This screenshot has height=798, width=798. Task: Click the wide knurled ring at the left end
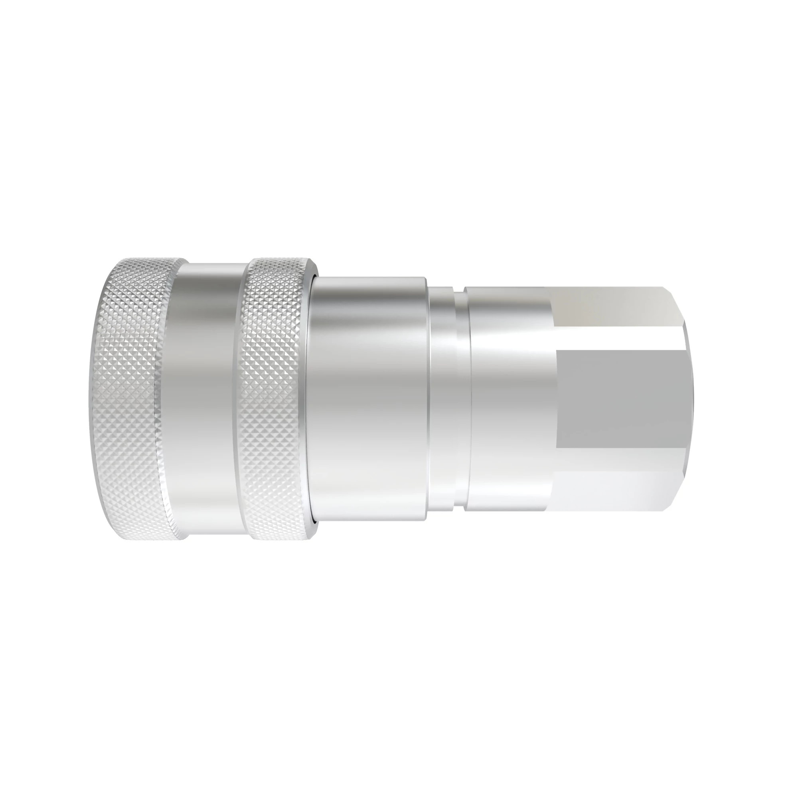point(128,399)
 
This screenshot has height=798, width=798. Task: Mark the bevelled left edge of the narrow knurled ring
point(238,399)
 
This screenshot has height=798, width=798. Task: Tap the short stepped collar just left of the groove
point(442,399)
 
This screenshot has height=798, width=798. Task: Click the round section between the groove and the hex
point(510,399)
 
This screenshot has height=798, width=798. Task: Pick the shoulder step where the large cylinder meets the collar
point(428,399)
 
